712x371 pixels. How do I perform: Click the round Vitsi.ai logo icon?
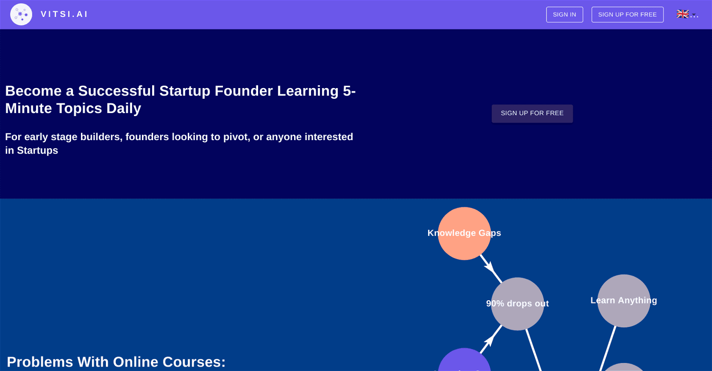(21, 14)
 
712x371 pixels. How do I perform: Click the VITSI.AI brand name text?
(64, 14)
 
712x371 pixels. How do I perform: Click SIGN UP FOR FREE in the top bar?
(627, 15)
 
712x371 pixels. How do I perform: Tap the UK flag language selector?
(687, 14)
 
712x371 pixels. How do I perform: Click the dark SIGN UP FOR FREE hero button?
(532, 113)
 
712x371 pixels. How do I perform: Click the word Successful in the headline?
(117, 91)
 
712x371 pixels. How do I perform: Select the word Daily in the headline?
(124, 109)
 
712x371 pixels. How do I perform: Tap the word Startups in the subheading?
(37, 150)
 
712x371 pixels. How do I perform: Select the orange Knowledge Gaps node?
(464, 234)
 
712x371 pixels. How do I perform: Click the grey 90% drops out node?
(518, 304)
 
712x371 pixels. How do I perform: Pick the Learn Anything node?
(623, 301)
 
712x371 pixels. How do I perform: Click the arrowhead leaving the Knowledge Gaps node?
(490, 267)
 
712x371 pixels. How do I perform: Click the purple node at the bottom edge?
(464, 360)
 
